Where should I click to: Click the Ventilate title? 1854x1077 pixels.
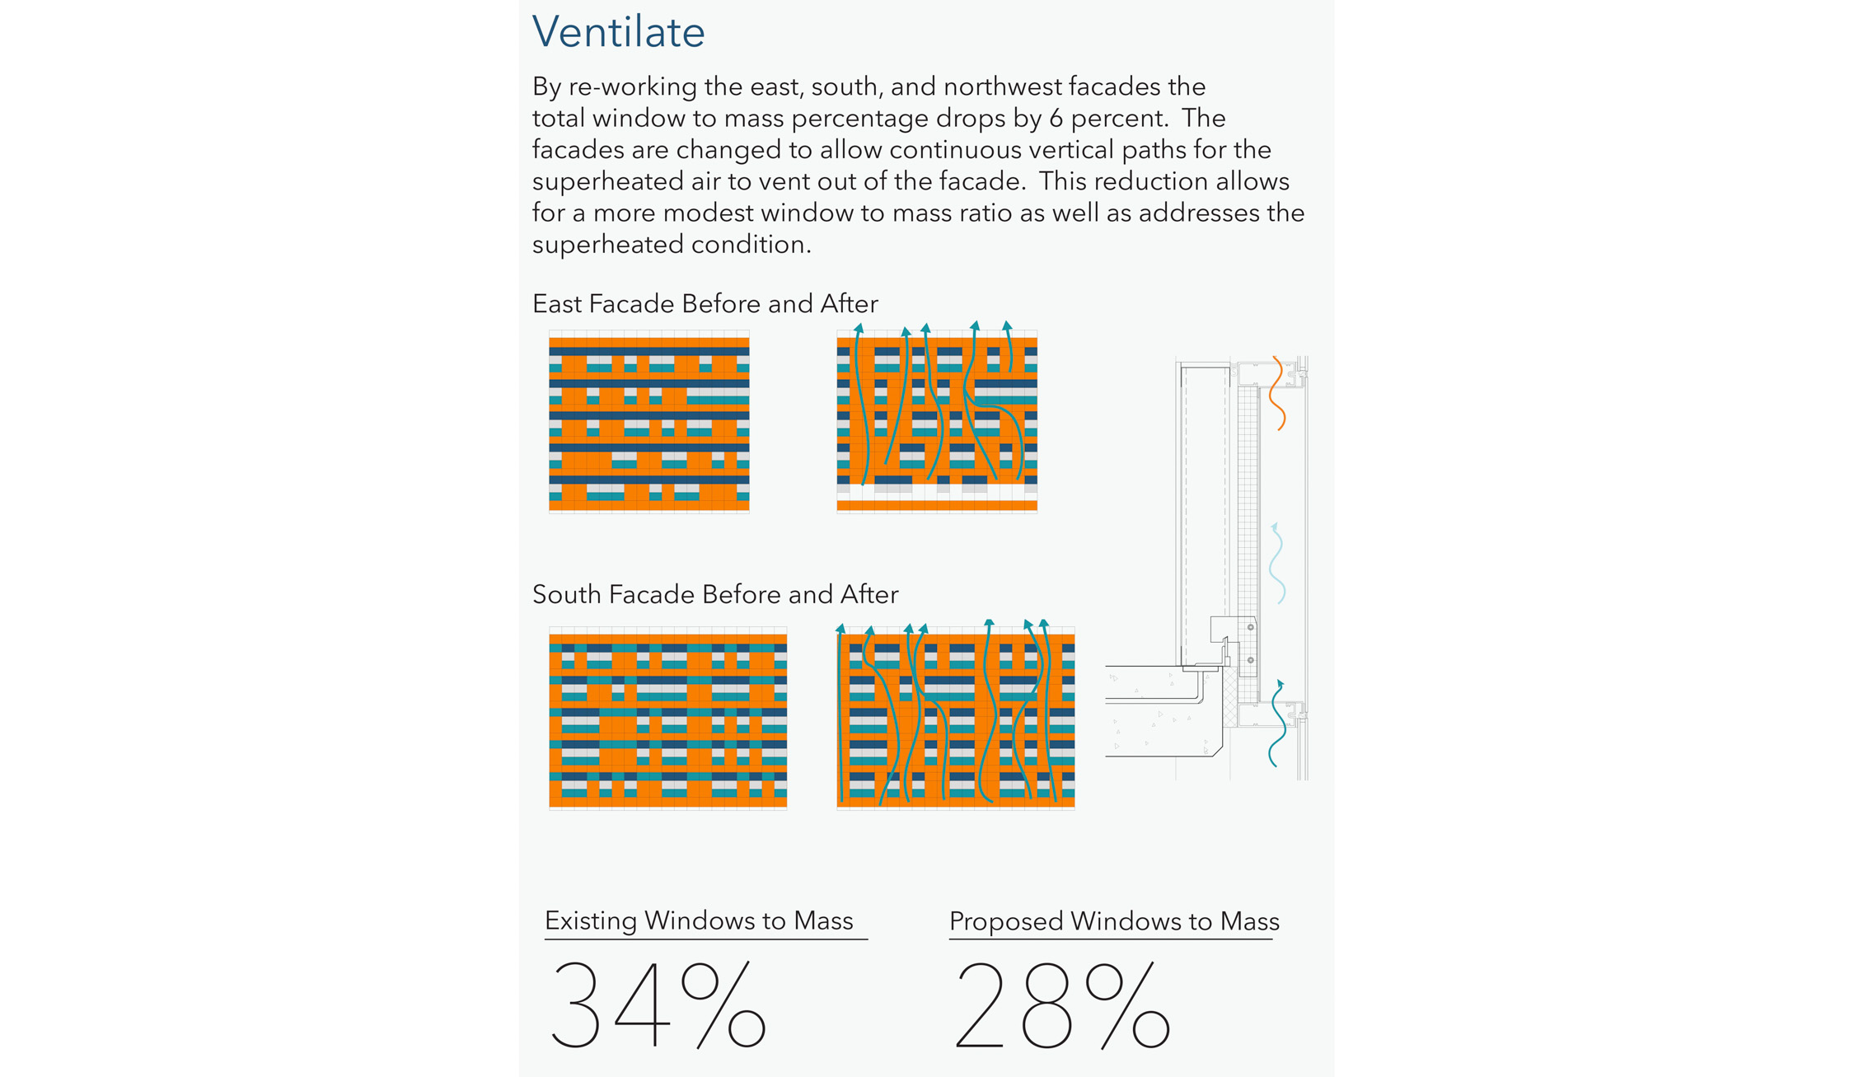618,32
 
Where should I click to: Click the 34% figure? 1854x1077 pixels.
658,1004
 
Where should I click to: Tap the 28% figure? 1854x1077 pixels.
1062,1004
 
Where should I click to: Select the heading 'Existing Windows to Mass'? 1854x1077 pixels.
699,920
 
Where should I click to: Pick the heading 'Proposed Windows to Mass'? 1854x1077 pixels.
1114,920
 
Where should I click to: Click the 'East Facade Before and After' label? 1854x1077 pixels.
705,304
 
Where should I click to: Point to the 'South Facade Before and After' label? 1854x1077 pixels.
715,594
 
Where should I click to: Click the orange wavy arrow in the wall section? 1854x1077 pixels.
1277,393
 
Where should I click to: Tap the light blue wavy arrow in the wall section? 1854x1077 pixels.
1277,564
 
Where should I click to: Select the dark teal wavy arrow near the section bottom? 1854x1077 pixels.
1277,723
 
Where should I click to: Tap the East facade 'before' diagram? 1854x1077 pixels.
649,422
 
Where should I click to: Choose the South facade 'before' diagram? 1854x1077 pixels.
668,719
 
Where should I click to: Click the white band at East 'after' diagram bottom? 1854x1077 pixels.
937,493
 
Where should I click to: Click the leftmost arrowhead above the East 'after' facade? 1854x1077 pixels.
859,328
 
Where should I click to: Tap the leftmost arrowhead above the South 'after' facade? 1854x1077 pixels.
840,629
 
